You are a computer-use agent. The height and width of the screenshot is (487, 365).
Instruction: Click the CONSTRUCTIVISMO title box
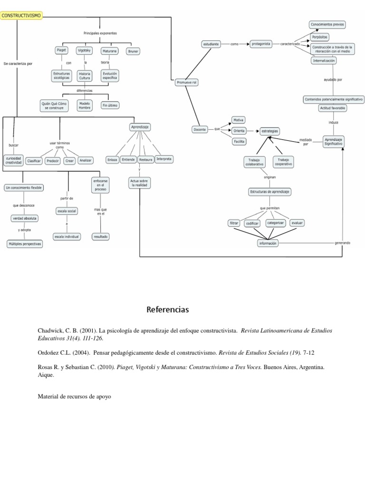point(22,16)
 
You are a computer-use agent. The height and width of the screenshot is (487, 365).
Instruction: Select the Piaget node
point(61,50)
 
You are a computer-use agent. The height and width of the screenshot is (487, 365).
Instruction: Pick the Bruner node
point(133,50)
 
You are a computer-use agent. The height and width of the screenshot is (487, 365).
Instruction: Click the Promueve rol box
point(187,82)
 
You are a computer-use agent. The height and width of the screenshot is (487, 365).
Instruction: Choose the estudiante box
point(211,44)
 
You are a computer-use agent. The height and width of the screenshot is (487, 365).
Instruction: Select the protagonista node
point(261,44)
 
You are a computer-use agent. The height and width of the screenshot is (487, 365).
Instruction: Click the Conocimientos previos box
point(327,24)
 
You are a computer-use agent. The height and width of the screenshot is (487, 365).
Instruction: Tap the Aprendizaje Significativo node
point(333,141)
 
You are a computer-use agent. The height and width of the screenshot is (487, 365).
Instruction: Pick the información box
point(268,243)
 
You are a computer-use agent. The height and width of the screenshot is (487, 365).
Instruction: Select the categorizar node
point(276,223)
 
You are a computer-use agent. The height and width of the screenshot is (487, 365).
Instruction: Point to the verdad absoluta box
point(24,218)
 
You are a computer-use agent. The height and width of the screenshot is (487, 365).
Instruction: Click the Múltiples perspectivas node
point(24,243)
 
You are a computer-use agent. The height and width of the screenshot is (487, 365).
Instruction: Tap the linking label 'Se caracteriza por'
point(18,63)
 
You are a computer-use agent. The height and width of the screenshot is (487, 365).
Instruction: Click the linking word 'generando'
point(342,243)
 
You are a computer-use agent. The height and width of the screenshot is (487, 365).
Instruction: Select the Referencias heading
point(168,310)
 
